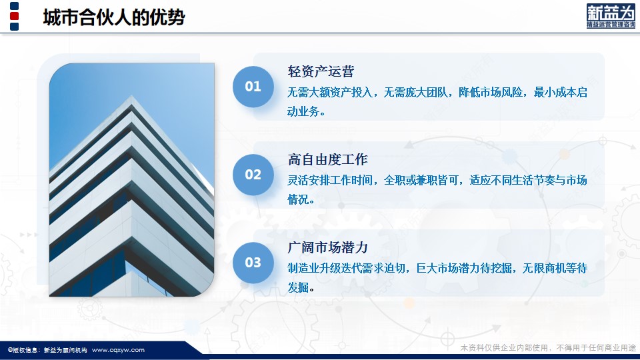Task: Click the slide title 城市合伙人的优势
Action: (114, 17)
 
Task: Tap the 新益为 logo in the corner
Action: (611, 16)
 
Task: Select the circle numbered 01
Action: (253, 87)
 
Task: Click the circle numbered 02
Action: (253, 175)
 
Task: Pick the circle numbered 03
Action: (253, 263)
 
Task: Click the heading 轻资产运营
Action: (321, 71)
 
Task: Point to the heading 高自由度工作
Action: (328, 159)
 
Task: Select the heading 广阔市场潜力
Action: (328, 247)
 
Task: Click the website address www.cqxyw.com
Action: (119, 350)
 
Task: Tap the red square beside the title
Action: (14, 16)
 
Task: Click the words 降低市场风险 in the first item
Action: (491, 92)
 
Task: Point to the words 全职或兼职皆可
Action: (421, 180)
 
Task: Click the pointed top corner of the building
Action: (131, 97)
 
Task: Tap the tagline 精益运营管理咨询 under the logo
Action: (611, 25)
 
